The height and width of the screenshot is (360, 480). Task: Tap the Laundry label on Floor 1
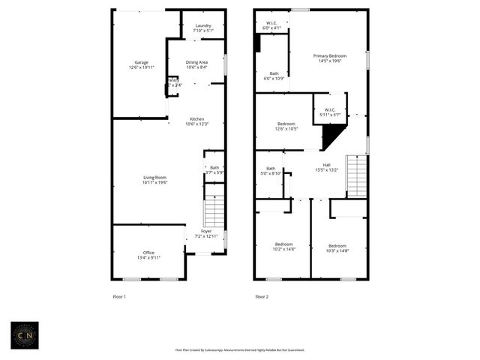click(203, 28)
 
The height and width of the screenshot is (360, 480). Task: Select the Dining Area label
click(196, 64)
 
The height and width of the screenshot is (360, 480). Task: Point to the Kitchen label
click(196, 121)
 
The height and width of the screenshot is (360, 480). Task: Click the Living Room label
click(155, 179)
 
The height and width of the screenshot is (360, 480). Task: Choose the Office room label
click(148, 255)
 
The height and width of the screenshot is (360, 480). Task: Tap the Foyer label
click(205, 233)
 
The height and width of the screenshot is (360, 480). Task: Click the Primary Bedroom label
click(330, 58)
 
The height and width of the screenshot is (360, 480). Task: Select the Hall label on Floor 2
click(326, 167)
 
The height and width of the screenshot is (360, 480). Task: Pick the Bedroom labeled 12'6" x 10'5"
click(286, 126)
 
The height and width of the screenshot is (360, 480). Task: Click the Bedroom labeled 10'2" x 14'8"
click(283, 247)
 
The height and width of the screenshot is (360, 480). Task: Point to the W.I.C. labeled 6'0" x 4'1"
click(271, 25)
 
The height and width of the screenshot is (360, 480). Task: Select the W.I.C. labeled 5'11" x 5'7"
click(330, 112)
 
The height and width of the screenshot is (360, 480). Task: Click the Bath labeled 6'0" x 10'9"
click(274, 76)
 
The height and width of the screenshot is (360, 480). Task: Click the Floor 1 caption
click(119, 297)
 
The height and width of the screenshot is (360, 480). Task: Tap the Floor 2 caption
click(262, 297)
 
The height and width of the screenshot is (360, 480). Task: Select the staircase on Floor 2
click(356, 176)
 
